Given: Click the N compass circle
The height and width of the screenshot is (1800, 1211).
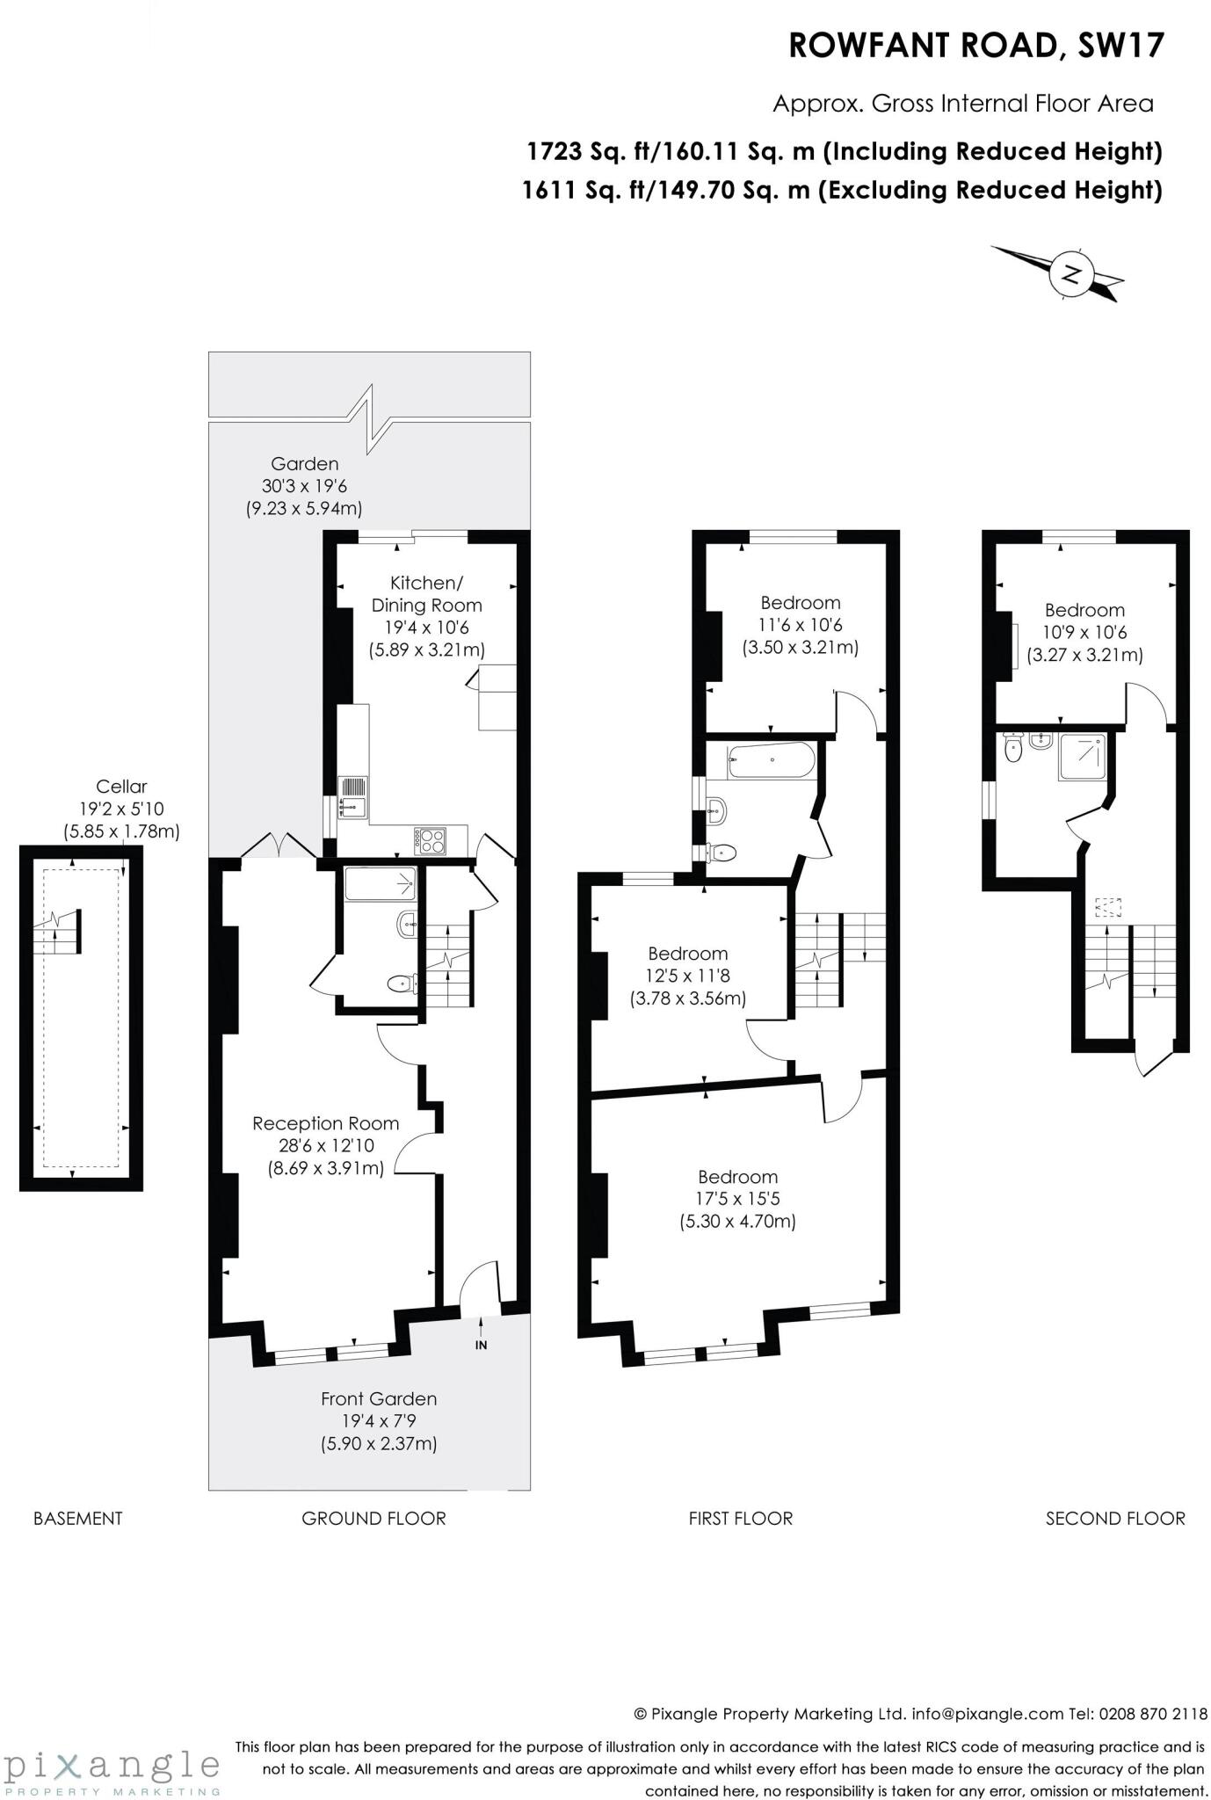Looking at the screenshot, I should pyautogui.click(x=1070, y=274).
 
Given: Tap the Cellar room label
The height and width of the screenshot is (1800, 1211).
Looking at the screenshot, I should pyautogui.click(x=121, y=787).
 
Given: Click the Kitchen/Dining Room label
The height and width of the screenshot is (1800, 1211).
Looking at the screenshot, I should pyautogui.click(x=426, y=594).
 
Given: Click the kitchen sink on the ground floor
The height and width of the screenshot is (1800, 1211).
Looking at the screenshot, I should pyautogui.click(x=354, y=797).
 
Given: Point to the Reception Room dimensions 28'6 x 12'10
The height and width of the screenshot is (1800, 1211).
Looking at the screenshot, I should pyautogui.click(x=326, y=1145).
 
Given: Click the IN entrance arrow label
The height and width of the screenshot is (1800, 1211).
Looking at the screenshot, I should pyautogui.click(x=481, y=1345).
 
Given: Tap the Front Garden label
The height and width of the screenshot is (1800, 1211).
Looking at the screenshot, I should pyautogui.click(x=378, y=1398).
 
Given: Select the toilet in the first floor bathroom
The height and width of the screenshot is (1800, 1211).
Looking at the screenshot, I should pyautogui.click(x=722, y=852).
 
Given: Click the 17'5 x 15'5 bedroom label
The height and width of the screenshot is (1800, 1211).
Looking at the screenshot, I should pyautogui.click(x=737, y=1198).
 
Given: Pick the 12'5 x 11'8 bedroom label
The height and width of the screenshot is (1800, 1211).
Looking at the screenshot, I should pyautogui.click(x=688, y=976).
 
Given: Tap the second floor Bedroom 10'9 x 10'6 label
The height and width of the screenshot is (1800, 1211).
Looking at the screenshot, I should pyautogui.click(x=1084, y=632).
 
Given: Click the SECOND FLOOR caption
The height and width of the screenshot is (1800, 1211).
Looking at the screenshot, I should pyautogui.click(x=1115, y=1518).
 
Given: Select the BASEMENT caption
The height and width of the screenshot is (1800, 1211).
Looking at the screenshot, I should pyautogui.click(x=77, y=1518).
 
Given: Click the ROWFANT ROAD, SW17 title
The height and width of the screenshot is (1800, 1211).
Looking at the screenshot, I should pyautogui.click(x=975, y=46).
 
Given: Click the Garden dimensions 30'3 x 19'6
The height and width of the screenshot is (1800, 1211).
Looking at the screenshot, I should pyautogui.click(x=303, y=485).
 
